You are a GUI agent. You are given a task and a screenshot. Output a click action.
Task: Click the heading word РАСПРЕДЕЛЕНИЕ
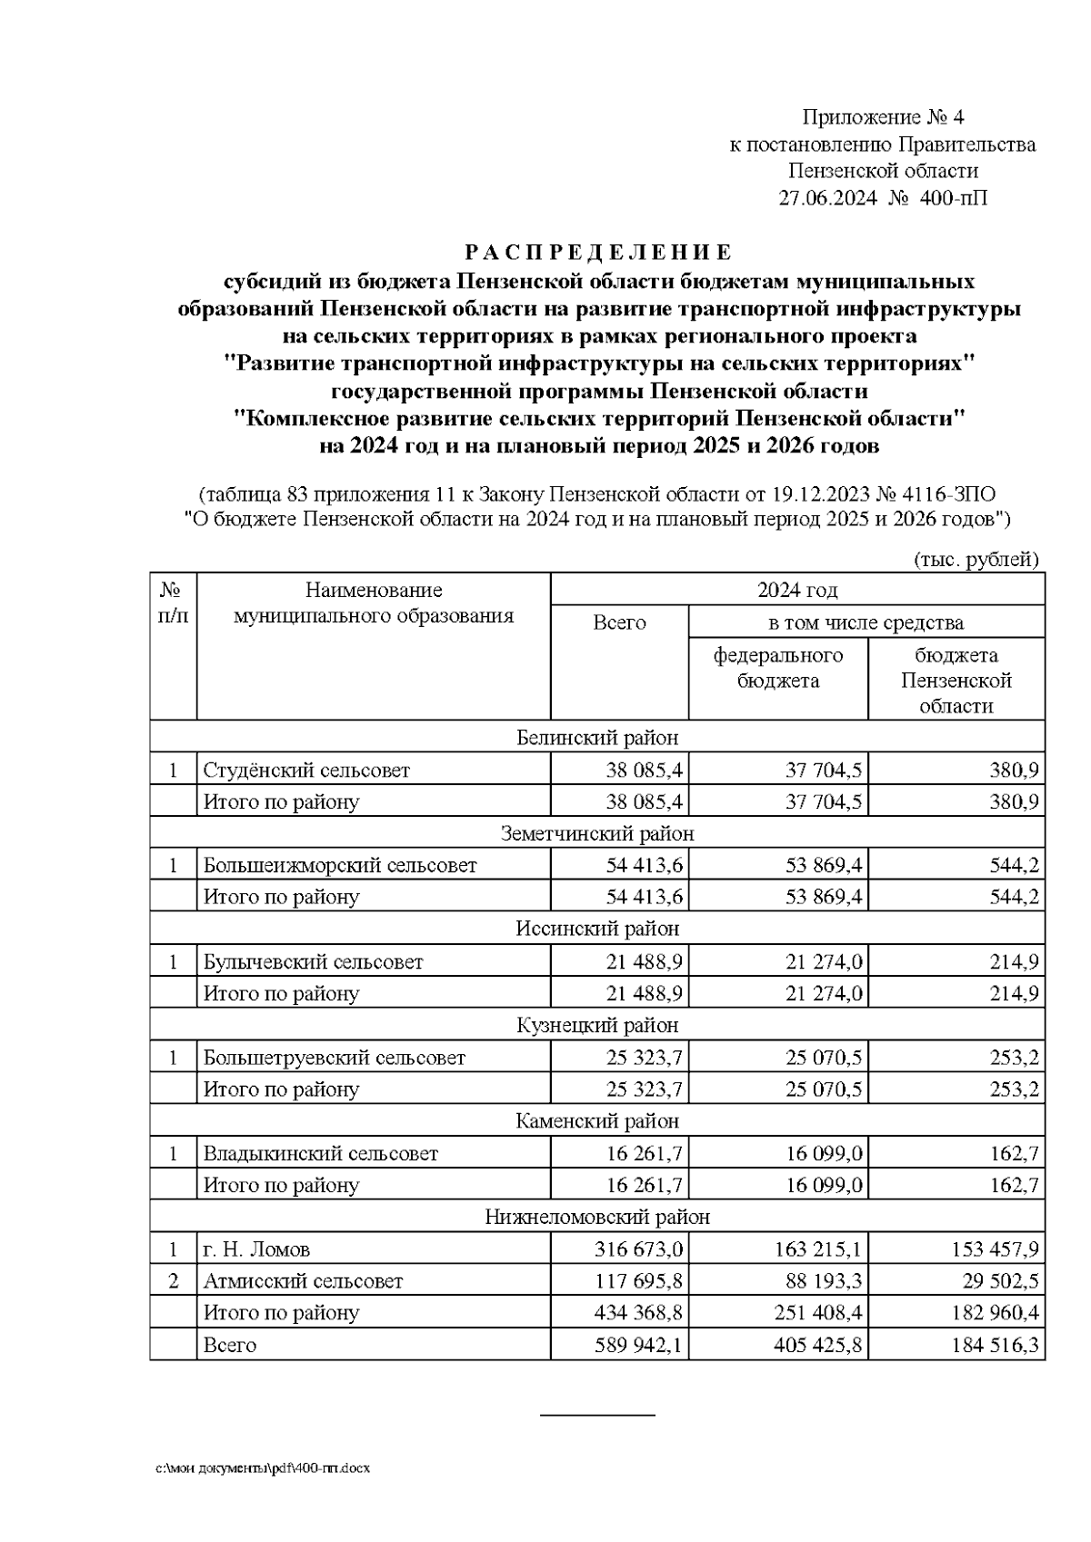(x=598, y=252)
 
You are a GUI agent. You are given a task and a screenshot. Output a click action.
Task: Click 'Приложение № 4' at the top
(x=882, y=117)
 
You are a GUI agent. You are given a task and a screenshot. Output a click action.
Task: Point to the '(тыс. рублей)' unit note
(x=975, y=560)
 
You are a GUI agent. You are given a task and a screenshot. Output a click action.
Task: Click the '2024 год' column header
(x=797, y=591)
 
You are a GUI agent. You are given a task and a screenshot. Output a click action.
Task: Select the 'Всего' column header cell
(x=619, y=622)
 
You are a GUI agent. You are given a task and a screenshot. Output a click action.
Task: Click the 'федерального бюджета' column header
(x=777, y=668)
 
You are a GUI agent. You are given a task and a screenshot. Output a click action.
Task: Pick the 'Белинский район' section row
(x=597, y=737)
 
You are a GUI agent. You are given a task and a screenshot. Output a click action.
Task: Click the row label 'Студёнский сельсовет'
(x=306, y=771)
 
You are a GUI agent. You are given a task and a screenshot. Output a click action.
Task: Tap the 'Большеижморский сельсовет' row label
(x=339, y=865)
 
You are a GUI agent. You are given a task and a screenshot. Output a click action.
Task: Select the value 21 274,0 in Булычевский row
(x=824, y=961)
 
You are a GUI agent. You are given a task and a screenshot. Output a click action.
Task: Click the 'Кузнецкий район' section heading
(x=597, y=1025)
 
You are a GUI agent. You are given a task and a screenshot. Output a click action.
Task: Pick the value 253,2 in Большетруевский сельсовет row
(x=1014, y=1058)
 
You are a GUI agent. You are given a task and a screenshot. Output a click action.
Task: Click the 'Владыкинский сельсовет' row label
(x=320, y=1154)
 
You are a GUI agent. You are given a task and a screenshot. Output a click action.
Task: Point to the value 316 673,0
(x=638, y=1250)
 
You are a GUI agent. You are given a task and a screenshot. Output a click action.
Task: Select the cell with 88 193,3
(x=824, y=1281)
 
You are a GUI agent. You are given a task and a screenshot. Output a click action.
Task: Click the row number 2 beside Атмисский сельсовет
(x=173, y=1281)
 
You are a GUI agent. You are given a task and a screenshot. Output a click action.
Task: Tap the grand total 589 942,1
(x=638, y=1345)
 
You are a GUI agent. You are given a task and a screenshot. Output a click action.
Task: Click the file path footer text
(x=264, y=1468)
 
